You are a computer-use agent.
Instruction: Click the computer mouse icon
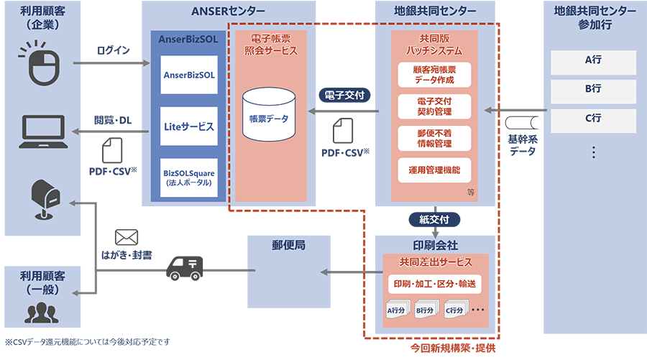(x=41, y=65)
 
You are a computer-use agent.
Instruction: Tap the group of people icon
(x=42, y=313)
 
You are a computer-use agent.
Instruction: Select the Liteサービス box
(x=189, y=126)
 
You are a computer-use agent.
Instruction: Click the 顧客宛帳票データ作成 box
(x=434, y=75)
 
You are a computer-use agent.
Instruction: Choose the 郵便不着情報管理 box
(x=434, y=139)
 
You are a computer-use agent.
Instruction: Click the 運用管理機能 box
(x=434, y=170)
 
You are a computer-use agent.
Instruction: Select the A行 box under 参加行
(x=592, y=61)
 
